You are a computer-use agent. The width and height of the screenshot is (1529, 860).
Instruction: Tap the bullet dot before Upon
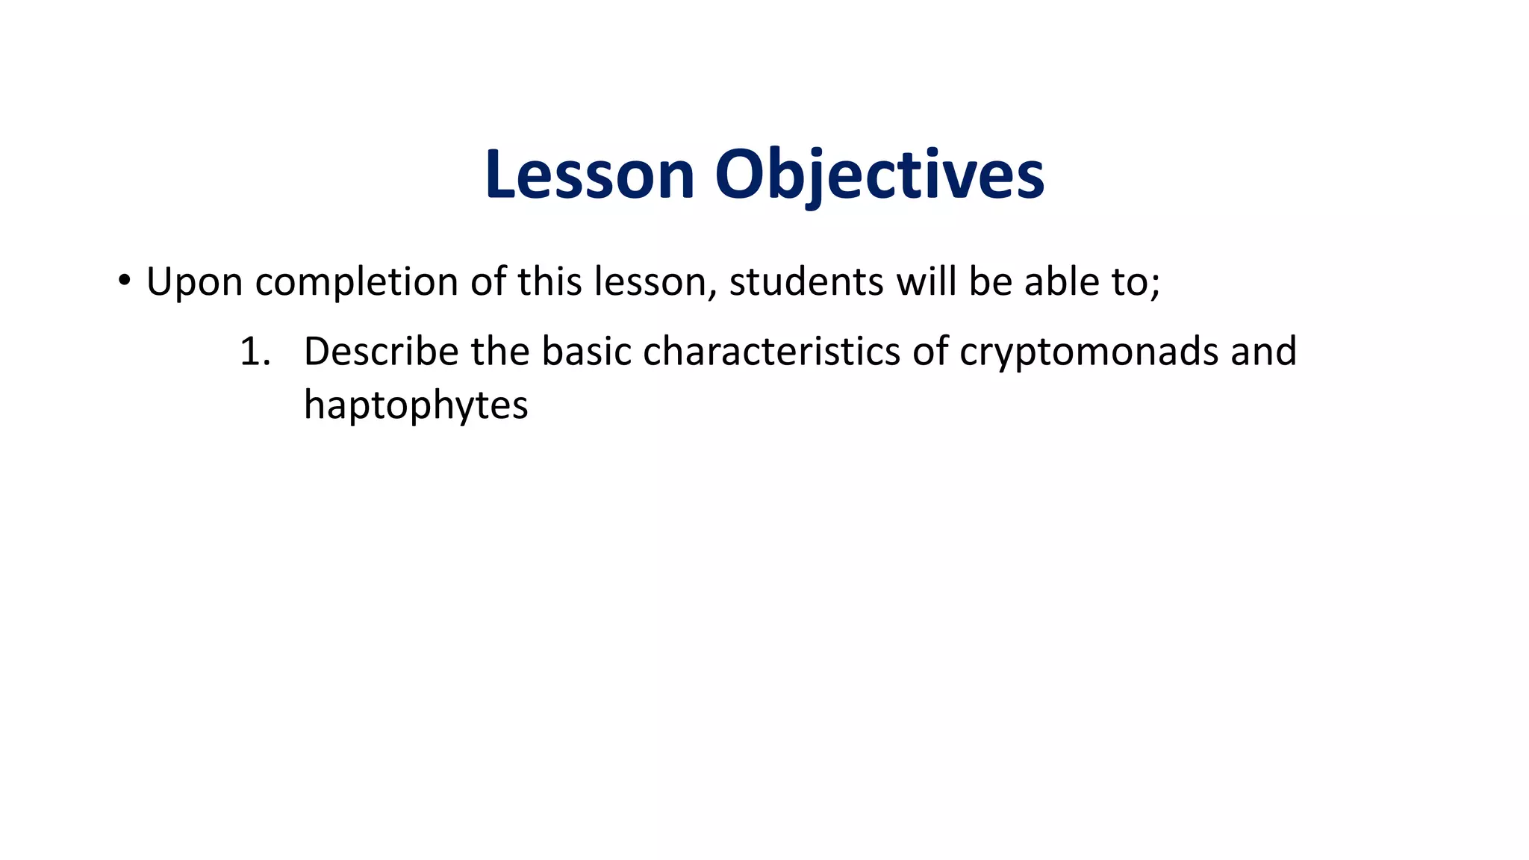click(x=124, y=281)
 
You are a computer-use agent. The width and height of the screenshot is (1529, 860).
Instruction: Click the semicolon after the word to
click(x=1155, y=284)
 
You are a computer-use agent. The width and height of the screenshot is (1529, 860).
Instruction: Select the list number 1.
click(x=254, y=352)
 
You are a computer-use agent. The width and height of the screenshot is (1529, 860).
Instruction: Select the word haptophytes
click(x=416, y=405)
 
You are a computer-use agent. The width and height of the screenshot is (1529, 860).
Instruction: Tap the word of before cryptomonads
click(x=929, y=352)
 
